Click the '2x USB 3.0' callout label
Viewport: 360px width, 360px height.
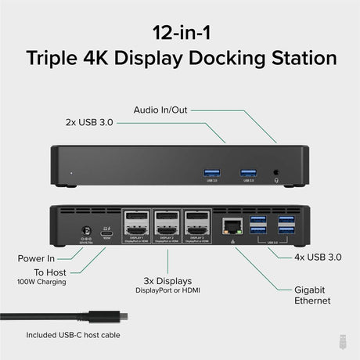(x=95, y=122)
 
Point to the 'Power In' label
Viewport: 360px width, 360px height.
(x=38, y=257)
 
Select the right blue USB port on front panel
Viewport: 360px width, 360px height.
(x=247, y=171)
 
